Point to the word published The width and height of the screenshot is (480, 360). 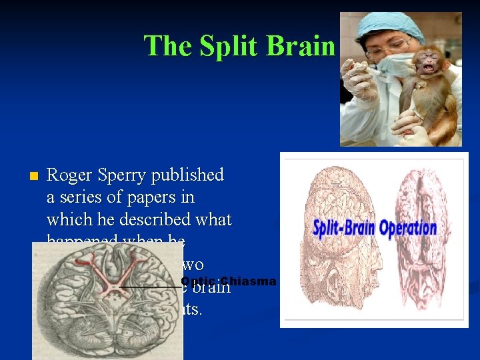tap(188, 175)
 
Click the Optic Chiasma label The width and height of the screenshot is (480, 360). tap(228, 281)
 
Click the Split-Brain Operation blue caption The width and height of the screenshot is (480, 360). tap(375, 228)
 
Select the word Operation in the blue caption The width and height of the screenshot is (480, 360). tap(408, 229)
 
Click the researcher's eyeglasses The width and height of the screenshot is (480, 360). tap(387, 47)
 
